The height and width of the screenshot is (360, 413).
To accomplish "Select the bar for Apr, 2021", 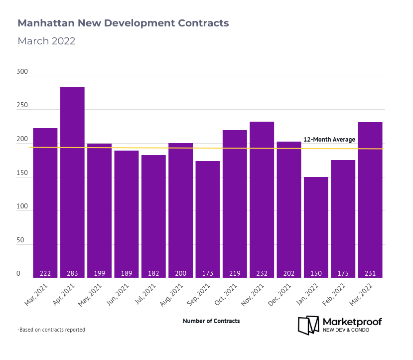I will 72,182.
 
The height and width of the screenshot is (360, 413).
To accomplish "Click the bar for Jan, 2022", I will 316,227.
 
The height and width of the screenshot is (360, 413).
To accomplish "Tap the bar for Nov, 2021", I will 262,199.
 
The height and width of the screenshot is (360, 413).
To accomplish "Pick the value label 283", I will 72,274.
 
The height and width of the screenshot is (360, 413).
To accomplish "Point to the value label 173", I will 208,274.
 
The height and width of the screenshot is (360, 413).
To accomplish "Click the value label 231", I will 370,274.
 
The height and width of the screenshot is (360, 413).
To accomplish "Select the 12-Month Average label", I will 329,140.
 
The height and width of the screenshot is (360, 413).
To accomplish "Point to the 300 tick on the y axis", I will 22,72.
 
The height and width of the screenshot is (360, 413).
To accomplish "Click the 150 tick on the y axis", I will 22,173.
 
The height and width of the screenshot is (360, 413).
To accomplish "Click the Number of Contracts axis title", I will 211,321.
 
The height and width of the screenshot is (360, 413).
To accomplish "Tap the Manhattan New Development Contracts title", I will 123,23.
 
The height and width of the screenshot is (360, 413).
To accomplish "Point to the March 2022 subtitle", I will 46,41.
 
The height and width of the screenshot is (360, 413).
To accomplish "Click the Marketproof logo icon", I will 308,325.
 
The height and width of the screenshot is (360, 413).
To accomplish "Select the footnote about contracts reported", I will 51,330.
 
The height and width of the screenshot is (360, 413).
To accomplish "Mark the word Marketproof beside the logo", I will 352,322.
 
